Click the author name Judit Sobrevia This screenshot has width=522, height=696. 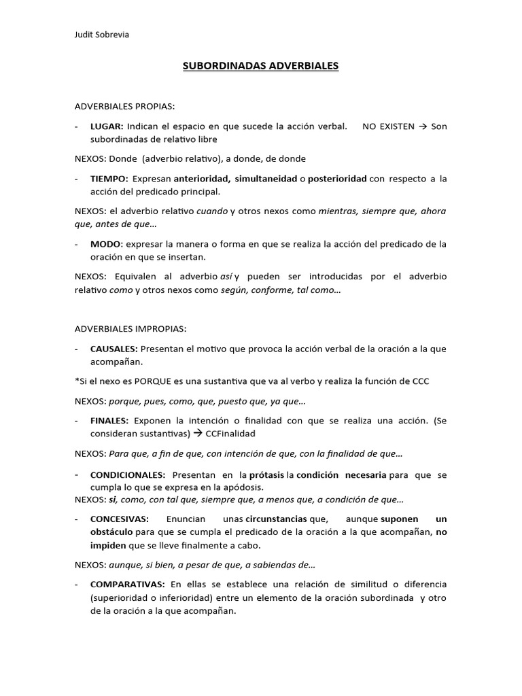pyautogui.click(x=101, y=35)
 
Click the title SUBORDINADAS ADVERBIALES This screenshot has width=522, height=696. pyautogui.click(x=261, y=67)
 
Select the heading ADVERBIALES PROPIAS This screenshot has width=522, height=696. pyautogui.click(x=124, y=107)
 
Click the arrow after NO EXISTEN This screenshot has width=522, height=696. pyautogui.click(x=423, y=127)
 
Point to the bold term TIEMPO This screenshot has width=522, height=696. pyautogui.click(x=109, y=179)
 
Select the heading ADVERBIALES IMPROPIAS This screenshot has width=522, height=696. pyautogui.click(x=130, y=328)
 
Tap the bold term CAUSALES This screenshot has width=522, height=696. pyautogui.click(x=114, y=349)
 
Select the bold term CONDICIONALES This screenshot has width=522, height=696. pyautogui.click(x=127, y=474)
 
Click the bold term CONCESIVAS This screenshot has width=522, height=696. pyautogui.click(x=119, y=519)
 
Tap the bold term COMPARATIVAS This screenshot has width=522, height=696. pyautogui.click(x=127, y=585)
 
